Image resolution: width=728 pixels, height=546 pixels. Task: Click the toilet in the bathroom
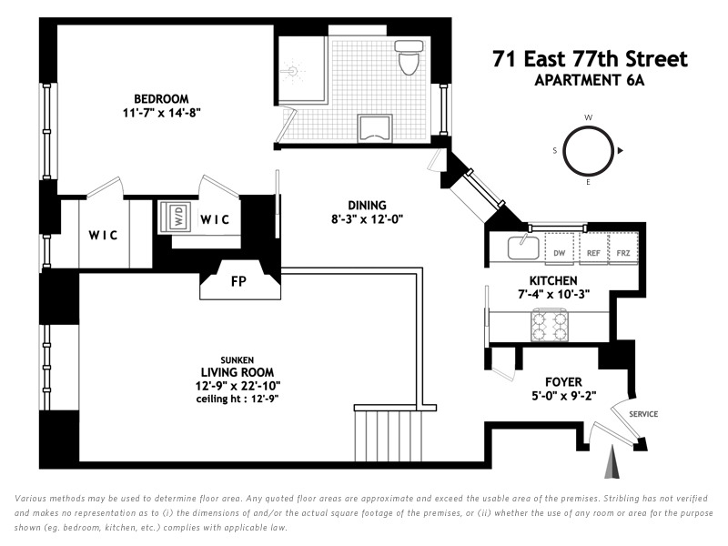(409, 57)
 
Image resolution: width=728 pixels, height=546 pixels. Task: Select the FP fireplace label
(238, 281)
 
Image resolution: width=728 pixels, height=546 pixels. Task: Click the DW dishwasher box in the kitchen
(560, 248)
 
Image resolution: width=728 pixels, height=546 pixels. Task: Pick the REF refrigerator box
(593, 248)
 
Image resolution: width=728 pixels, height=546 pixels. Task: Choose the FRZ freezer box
(623, 248)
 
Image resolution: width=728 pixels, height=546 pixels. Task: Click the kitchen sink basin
(523, 248)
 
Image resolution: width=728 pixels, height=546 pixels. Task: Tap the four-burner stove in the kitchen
(551, 326)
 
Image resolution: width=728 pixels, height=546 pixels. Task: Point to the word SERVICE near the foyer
(643, 414)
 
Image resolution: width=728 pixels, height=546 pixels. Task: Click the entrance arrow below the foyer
(612, 461)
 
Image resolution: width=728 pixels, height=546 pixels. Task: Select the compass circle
(588, 150)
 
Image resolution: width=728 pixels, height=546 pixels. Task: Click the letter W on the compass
(588, 117)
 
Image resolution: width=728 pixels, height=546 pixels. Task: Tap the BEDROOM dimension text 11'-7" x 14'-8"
(162, 112)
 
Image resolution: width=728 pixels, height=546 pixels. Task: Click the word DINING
(368, 206)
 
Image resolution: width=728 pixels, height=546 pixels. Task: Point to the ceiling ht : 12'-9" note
(238, 399)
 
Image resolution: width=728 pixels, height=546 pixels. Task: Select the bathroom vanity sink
(375, 128)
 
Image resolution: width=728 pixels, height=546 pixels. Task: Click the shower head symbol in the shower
(291, 72)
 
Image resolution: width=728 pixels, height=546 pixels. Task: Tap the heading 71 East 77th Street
(590, 59)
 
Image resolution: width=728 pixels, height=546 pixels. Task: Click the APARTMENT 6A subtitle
(590, 80)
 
